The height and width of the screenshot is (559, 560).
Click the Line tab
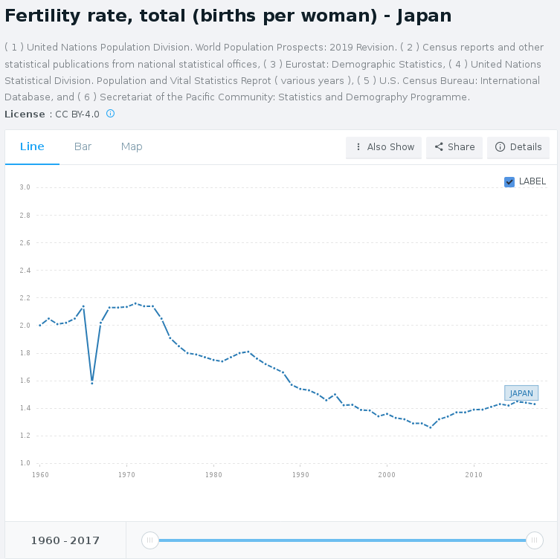pyautogui.click(x=32, y=146)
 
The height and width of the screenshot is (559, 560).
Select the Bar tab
pyautogui.click(x=83, y=146)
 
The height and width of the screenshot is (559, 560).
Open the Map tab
pyautogui.click(x=132, y=146)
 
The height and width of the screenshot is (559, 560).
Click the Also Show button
pyautogui.click(x=384, y=147)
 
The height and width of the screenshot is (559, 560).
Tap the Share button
pyautogui.click(x=454, y=147)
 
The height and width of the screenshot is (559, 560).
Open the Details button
pyautogui.click(x=518, y=147)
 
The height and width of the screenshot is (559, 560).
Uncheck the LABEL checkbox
pyautogui.click(x=509, y=181)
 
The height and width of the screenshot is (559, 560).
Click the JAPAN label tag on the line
pyautogui.click(x=521, y=393)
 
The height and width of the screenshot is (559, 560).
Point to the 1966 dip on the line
pyautogui.click(x=92, y=382)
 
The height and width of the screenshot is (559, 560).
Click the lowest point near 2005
pyautogui.click(x=430, y=427)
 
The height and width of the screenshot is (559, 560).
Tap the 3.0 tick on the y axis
pyautogui.click(x=25, y=187)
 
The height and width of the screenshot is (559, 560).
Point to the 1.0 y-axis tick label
pyautogui.click(x=25, y=463)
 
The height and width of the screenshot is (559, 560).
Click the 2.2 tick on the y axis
pyautogui.click(x=25, y=298)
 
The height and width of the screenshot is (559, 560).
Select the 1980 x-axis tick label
pyautogui.click(x=213, y=474)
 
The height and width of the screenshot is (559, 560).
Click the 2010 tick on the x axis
pyautogui.click(x=474, y=474)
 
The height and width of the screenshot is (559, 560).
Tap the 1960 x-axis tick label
pyautogui.click(x=40, y=474)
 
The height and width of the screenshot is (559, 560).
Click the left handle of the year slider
pyautogui.click(x=149, y=540)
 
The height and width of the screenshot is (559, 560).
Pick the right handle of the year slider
pyautogui.click(x=534, y=540)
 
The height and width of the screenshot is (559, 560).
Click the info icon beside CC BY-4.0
pyautogui.click(x=110, y=114)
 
